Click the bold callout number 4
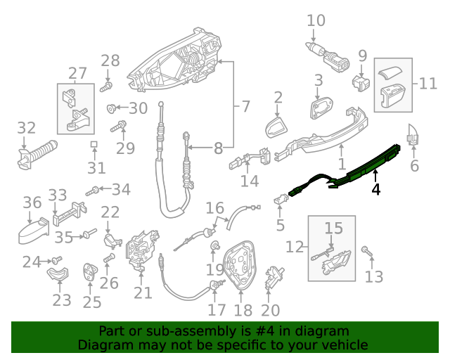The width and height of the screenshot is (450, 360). pos(376,189)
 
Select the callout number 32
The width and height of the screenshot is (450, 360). pos(26,128)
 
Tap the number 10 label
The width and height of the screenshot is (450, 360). pos(316,20)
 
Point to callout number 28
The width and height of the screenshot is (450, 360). pos(110,61)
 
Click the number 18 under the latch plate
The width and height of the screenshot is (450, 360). pos(243,310)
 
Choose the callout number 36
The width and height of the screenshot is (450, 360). pos(32,203)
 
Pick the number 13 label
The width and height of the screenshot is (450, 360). pos(374,276)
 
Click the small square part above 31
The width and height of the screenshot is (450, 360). pos(94,145)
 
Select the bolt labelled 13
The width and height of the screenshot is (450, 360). pos(366,250)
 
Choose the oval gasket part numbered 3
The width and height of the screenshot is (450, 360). pos(322,108)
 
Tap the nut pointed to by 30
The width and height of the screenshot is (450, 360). pos(111,108)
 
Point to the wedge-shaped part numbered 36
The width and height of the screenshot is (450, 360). pos(34,231)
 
